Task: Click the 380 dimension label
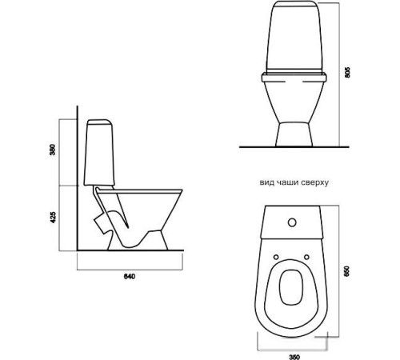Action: pos(53,150)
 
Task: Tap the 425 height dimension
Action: pos(53,218)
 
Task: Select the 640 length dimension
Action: pos(130,277)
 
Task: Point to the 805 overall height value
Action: pos(347,72)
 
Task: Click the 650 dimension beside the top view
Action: pos(347,271)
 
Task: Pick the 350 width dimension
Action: pos(294,357)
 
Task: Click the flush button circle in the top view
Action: pos(293,222)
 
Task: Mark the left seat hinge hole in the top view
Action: pos(276,257)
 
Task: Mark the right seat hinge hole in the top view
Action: pos(307,257)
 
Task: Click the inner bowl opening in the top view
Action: pos(291,287)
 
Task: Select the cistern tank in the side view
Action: pos(99,152)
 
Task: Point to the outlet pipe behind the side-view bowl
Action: pos(102,222)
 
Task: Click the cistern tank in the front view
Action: pos(294,38)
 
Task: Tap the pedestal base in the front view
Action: pos(294,134)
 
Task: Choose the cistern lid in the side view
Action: pos(99,122)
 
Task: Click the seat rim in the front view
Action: pos(294,78)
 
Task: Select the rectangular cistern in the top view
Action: pos(293,222)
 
